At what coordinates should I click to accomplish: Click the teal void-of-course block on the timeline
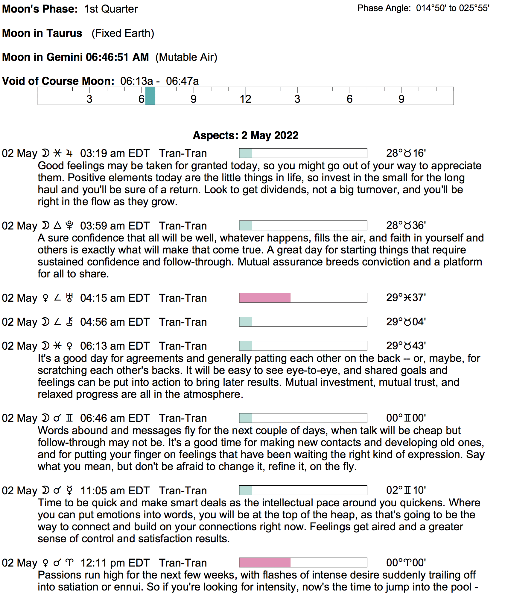(150, 96)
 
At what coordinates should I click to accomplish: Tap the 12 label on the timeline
(245, 99)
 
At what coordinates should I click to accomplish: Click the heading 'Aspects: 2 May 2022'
(246, 135)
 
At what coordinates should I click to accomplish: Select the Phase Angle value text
(452, 8)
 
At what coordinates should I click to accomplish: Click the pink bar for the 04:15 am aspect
(265, 298)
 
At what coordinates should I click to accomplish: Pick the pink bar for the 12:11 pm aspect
(265, 563)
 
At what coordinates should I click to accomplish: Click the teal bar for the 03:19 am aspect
(246, 153)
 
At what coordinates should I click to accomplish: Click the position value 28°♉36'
(406, 225)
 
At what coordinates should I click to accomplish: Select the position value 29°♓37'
(406, 297)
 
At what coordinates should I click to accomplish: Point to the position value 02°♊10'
(406, 490)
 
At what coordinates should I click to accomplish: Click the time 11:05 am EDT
(115, 491)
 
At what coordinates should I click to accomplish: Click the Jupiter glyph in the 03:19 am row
(69, 153)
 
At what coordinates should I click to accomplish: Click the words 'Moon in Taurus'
(42, 33)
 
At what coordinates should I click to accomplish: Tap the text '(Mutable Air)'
(186, 57)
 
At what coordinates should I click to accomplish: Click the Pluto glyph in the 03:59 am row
(69, 226)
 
